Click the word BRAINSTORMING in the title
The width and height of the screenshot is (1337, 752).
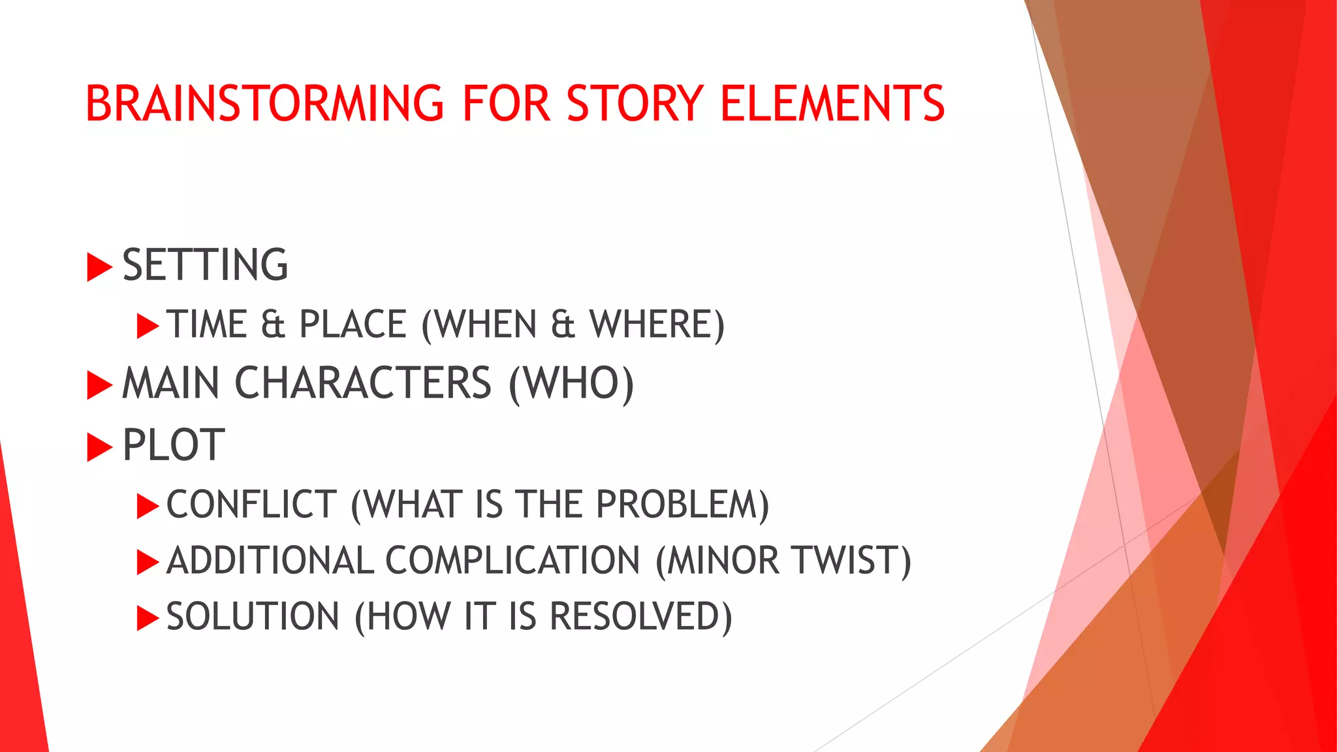(264, 104)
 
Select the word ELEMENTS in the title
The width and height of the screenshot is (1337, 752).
(832, 104)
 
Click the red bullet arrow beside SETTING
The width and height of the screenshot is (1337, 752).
(99, 268)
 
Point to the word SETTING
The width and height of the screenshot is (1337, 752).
(205, 265)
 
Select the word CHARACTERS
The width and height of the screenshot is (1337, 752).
(362, 383)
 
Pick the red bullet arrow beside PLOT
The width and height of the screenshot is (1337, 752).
(99, 447)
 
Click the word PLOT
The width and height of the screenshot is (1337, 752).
(174, 445)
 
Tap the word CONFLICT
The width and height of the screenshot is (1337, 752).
(251, 505)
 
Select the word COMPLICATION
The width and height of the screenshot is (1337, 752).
(512, 561)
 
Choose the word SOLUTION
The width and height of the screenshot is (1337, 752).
(253, 617)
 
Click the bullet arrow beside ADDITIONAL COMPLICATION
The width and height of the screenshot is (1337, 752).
(148, 562)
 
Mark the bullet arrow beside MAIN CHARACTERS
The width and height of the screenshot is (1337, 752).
(99, 385)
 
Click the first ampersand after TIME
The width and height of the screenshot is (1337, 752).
(273, 324)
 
